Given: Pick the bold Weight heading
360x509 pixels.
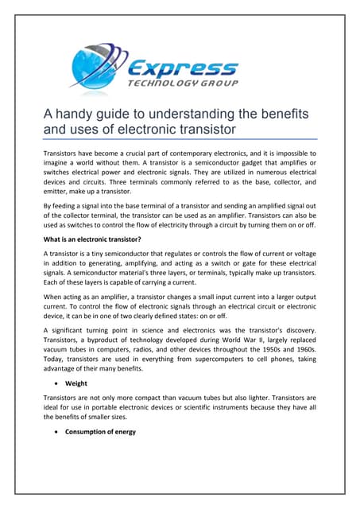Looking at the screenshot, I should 76,406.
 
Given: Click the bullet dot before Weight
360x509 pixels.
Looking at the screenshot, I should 57,406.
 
